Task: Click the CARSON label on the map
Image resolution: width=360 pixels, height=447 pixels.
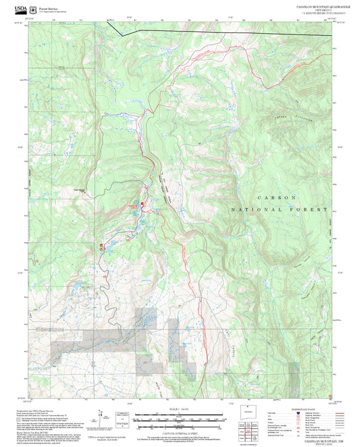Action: click(x=276, y=196)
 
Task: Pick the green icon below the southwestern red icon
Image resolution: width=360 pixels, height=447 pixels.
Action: click(x=102, y=249)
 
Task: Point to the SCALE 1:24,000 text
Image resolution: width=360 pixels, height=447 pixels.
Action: click(x=180, y=409)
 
